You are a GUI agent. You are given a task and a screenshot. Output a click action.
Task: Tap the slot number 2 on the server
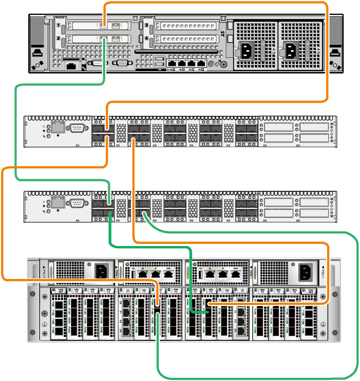coord(57,39)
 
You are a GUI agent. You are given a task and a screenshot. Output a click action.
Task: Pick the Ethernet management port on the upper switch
coord(57,128)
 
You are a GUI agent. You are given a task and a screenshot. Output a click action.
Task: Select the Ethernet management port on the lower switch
coord(57,202)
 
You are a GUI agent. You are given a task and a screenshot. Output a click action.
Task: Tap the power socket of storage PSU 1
coord(305,272)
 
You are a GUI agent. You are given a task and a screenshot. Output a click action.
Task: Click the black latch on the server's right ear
coord(335,52)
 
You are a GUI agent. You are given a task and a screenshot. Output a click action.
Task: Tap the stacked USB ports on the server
coord(160,61)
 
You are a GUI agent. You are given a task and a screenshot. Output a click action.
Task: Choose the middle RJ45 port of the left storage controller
coord(155,274)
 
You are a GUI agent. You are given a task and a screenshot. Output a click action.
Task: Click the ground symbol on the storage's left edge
coord(45,325)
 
